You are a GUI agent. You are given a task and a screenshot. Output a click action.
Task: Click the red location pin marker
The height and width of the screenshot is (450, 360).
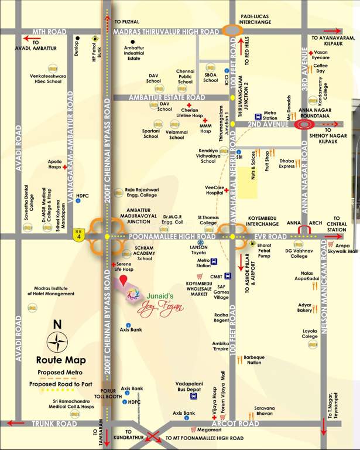coord(124,279)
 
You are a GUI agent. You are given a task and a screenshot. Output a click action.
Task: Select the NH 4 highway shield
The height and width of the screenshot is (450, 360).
coord(78,236)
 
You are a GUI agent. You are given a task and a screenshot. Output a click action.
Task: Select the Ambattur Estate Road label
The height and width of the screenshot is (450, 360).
coord(167,97)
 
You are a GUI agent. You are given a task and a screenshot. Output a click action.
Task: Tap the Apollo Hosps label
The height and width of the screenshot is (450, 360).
coord(54,163)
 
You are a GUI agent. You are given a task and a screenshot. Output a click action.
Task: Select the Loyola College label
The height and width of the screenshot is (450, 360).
coord(310,333)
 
